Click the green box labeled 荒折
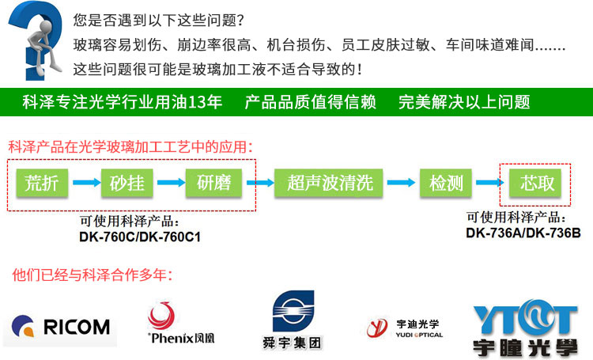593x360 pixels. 42,183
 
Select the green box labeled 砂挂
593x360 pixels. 127,183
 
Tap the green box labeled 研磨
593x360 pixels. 213,183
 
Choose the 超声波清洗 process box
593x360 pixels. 329,183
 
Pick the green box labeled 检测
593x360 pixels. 445,183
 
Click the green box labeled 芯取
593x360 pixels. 535,183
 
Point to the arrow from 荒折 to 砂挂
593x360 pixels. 87,183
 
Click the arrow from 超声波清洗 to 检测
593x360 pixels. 401,183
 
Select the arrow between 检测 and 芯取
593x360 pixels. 489,183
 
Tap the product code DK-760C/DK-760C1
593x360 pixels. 140,237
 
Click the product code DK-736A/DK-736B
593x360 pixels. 523,233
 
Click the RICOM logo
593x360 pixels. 61,327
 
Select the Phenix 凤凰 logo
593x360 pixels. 181,323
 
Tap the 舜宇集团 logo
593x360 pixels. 293,320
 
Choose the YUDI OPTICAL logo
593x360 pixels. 405,328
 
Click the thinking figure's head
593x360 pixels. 46,27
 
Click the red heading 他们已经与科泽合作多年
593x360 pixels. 93,275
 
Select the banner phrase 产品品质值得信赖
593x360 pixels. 310,102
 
